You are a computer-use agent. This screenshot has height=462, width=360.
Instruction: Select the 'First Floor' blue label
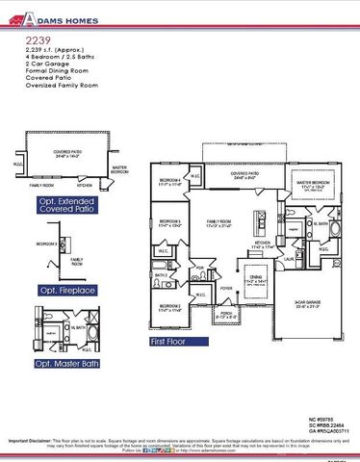pos(174,341)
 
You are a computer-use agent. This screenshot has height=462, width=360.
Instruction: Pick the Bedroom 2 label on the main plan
pos(169,309)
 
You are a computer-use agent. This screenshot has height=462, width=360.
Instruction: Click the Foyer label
pos(227,286)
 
